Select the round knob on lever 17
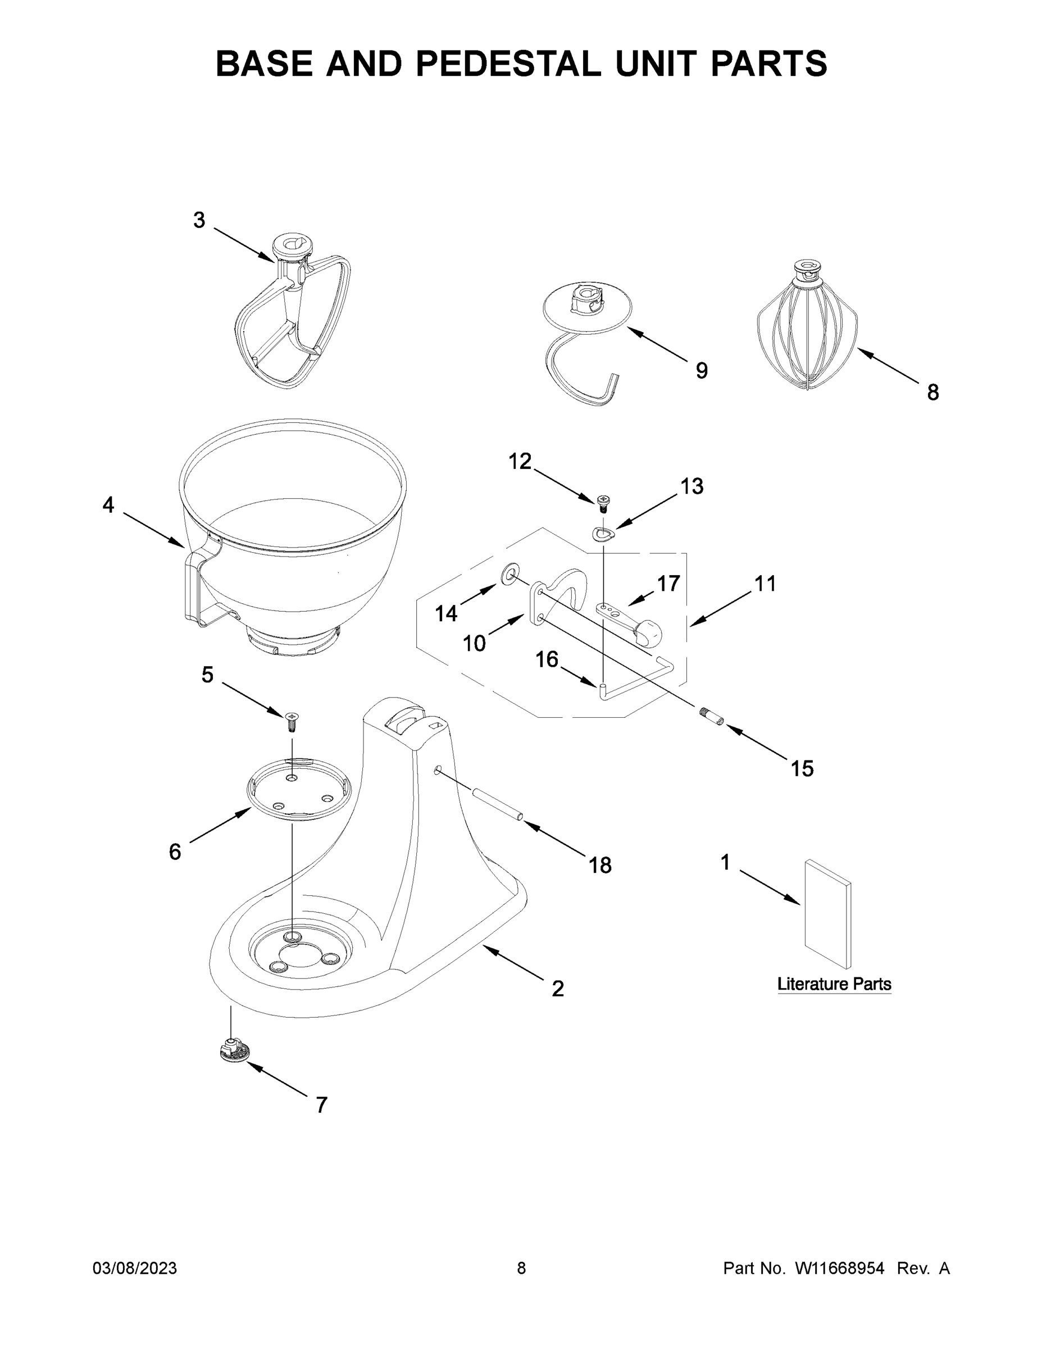click(648, 631)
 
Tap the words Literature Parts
click(834, 983)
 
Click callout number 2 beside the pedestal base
click(557, 988)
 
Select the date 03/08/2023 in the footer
click(135, 1268)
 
